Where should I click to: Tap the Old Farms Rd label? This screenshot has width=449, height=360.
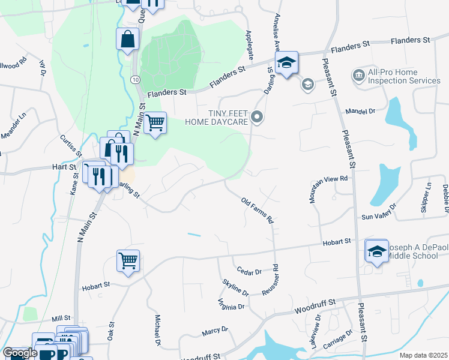pos(257,211)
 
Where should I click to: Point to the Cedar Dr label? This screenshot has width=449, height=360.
pos(249,272)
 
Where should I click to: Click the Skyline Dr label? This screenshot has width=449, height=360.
pos(235,287)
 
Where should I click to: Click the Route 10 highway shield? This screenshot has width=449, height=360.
pos(136,80)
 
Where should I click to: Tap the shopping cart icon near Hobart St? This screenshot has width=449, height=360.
pos(128,261)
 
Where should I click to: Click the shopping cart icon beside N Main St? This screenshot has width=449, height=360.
pos(155,122)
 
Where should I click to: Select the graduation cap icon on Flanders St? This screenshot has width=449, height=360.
pos(286,62)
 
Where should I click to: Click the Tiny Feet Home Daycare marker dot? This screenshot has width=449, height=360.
pos(258,117)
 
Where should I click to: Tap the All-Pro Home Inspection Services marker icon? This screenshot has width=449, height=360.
pos(359,76)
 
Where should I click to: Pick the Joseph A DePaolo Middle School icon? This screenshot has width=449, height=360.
pos(376,251)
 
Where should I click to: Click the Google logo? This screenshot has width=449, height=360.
pos(20,353)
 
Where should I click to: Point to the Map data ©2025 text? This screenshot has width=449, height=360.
pos(423,355)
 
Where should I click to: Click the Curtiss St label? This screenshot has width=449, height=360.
pos(66,145)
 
